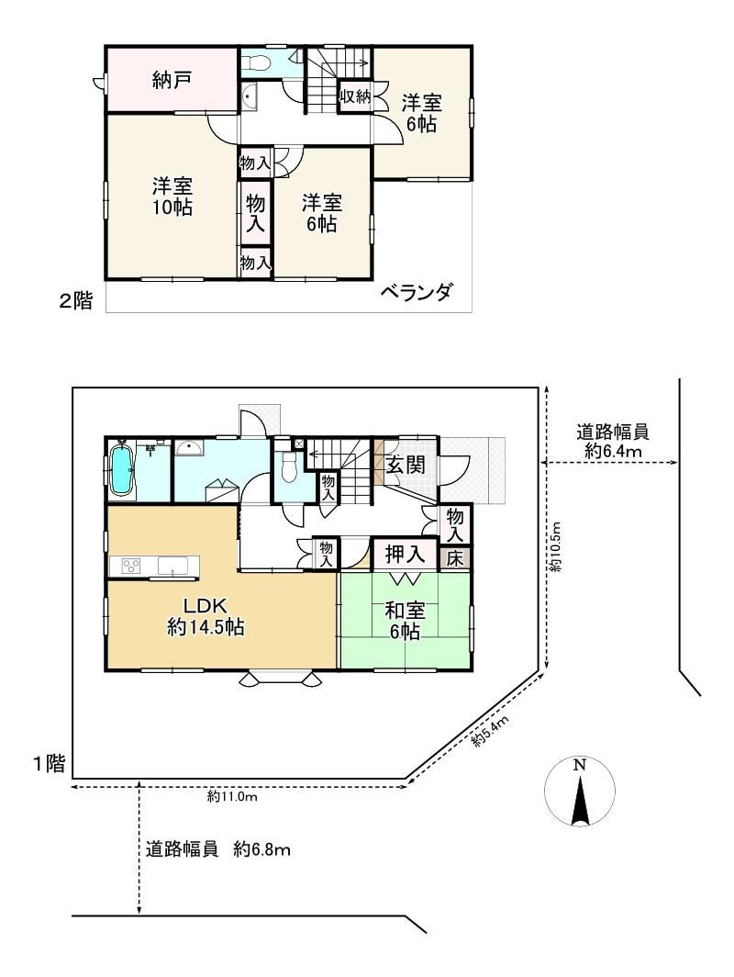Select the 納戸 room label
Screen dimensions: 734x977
click(172, 80)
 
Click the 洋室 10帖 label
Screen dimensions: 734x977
click(172, 197)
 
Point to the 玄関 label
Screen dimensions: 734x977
click(406, 465)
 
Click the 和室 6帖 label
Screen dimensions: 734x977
click(405, 621)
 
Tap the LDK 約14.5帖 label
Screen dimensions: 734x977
click(206, 616)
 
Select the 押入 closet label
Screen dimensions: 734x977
click(405, 554)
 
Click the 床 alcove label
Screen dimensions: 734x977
click(455, 558)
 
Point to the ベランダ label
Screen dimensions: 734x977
click(416, 292)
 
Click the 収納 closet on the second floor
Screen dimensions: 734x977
click(355, 96)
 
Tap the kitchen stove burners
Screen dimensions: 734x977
click(131, 566)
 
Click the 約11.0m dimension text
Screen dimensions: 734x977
click(232, 796)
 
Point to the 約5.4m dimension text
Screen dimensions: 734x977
click(490, 731)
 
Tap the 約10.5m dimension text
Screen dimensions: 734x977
click(555, 547)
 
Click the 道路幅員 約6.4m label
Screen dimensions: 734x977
click(613, 441)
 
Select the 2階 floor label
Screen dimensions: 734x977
click(76, 301)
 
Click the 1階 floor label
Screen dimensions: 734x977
click(49, 763)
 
